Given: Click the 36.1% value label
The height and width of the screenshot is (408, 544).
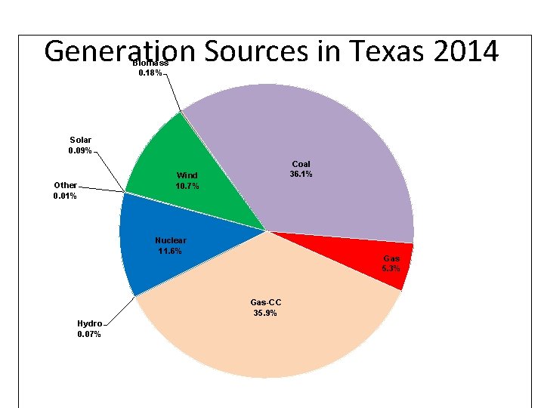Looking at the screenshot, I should (301, 175).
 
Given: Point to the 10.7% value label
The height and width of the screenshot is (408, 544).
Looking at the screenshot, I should (187, 186).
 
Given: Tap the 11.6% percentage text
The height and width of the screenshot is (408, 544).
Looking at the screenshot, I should (170, 251).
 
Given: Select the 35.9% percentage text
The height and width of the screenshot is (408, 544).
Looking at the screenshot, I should (265, 313).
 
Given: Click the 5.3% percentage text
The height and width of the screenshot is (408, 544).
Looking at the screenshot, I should (391, 269).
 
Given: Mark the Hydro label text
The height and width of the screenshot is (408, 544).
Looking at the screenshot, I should (89, 323).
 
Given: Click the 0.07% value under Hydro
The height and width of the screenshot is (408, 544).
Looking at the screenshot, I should (89, 334).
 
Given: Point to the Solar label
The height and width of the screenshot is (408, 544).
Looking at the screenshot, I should (80, 140).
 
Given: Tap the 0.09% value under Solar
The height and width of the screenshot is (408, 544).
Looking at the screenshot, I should (80, 150).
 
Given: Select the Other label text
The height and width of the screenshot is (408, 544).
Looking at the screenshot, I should (65, 185).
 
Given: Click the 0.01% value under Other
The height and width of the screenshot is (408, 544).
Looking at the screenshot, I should (65, 196).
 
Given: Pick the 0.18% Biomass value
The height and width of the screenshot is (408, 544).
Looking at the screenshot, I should (150, 73).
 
